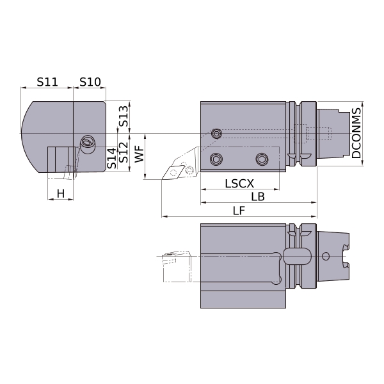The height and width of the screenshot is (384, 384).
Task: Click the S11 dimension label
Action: click(x=47, y=82)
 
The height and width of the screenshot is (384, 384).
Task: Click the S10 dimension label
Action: click(x=90, y=82)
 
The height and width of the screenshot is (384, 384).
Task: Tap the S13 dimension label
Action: click(x=124, y=116)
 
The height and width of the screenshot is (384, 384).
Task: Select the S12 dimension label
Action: click(x=124, y=152)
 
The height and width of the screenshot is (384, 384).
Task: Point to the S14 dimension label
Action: click(x=112, y=158)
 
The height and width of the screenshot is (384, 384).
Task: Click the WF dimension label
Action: click(x=140, y=154)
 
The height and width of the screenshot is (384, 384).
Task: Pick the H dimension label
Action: click(x=61, y=193)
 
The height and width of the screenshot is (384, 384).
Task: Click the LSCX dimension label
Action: click(x=239, y=184)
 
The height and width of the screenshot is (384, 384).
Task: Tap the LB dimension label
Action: click(x=258, y=196)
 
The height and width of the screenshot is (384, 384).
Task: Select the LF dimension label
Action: click(x=239, y=211)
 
